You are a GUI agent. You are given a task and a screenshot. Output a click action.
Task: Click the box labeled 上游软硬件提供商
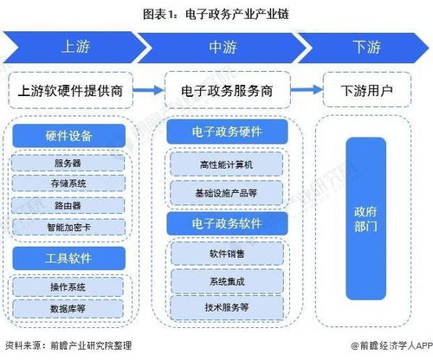pos(75,90)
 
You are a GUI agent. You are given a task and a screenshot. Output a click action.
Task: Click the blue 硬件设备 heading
pos(69,137)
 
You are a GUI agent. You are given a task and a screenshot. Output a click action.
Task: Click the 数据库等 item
pos(69,306)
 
